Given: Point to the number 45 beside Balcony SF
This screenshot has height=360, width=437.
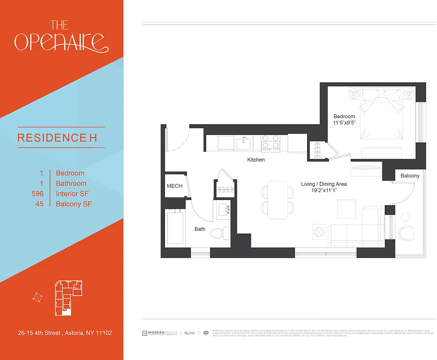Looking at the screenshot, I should [x=39, y=204].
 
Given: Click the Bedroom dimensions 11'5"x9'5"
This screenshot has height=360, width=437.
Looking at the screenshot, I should [x=344, y=123].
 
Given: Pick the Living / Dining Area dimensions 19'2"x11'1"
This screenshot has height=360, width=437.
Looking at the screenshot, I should [x=324, y=191].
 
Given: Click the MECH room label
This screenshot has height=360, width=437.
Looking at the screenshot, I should [x=174, y=186].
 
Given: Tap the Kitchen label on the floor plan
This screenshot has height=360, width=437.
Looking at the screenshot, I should [x=256, y=160].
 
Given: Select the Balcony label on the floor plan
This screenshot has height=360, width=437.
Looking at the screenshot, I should [x=410, y=175].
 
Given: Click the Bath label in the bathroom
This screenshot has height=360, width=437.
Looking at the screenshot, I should [x=200, y=229].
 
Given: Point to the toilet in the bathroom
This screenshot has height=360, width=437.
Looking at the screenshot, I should [x=219, y=234].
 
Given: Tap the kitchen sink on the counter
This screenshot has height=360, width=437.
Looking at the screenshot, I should [x=244, y=144].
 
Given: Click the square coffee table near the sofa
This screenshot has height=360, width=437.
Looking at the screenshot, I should [x=346, y=209].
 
